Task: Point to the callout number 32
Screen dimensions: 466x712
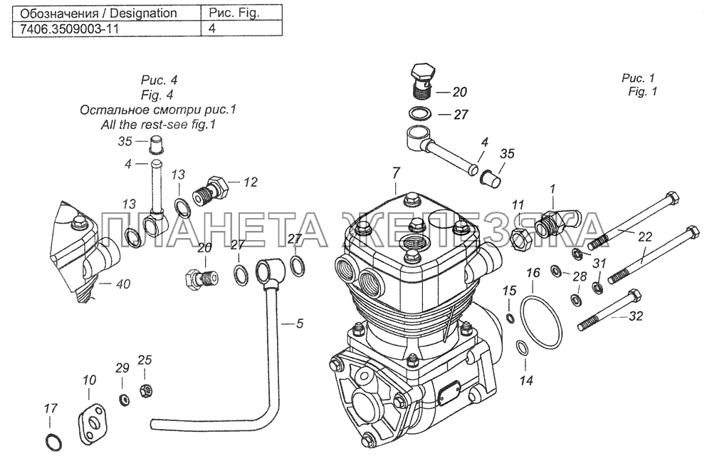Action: [638, 318]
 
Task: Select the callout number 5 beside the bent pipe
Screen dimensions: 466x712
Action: [300, 323]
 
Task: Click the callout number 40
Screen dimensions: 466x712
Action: [123, 284]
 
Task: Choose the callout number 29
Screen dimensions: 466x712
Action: [122, 368]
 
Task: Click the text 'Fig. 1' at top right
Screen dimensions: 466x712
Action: [643, 92]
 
